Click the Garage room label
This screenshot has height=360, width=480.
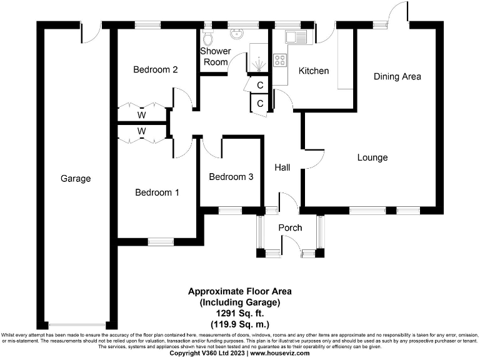[x=76, y=178]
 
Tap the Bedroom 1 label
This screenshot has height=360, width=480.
[x=157, y=192]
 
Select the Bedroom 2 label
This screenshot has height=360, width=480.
[x=156, y=69]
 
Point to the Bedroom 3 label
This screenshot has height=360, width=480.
[x=231, y=177]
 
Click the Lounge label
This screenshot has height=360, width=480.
[x=372, y=157]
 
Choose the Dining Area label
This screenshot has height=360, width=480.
[x=397, y=77]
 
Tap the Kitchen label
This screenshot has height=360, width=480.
[x=314, y=71]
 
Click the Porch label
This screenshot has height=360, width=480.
[x=290, y=227]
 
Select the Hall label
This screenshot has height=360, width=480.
[x=282, y=167]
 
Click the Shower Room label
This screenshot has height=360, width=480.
[x=216, y=56]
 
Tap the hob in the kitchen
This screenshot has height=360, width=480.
[x=280, y=61]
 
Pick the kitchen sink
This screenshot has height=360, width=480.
[x=296, y=36]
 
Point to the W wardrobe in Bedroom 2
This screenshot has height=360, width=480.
[x=142, y=115]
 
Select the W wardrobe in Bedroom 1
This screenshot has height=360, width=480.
[x=142, y=131]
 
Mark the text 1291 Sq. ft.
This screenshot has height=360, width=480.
[x=240, y=314]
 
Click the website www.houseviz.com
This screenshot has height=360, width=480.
[x=280, y=353]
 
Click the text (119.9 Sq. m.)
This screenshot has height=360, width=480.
[x=240, y=324]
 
